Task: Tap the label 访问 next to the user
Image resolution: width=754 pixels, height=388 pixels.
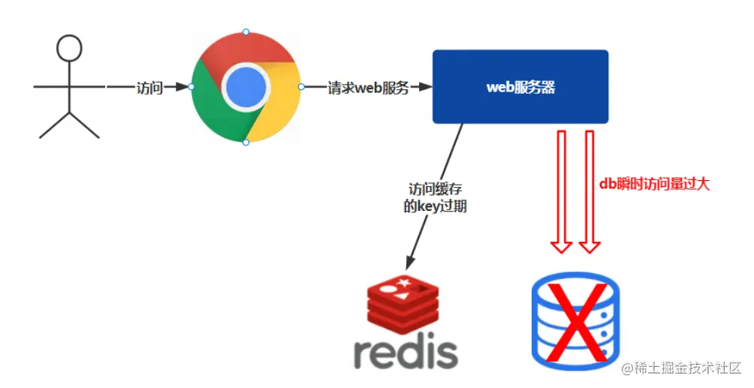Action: click(149, 87)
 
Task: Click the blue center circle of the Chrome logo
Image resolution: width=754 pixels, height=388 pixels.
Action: click(246, 87)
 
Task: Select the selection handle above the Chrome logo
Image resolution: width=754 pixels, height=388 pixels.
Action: click(246, 32)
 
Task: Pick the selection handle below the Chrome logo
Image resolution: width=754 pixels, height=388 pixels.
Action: click(246, 142)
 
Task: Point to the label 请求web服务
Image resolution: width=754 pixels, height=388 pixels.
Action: click(368, 87)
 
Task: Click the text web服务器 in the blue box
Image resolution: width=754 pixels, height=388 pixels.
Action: click(520, 87)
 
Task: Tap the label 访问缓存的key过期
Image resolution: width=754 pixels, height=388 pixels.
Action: click(436, 197)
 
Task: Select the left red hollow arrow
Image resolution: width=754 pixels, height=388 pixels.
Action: click(561, 191)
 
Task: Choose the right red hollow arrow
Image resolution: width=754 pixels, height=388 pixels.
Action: click(590, 191)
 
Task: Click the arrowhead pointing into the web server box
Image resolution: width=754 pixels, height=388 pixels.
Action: click(425, 87)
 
